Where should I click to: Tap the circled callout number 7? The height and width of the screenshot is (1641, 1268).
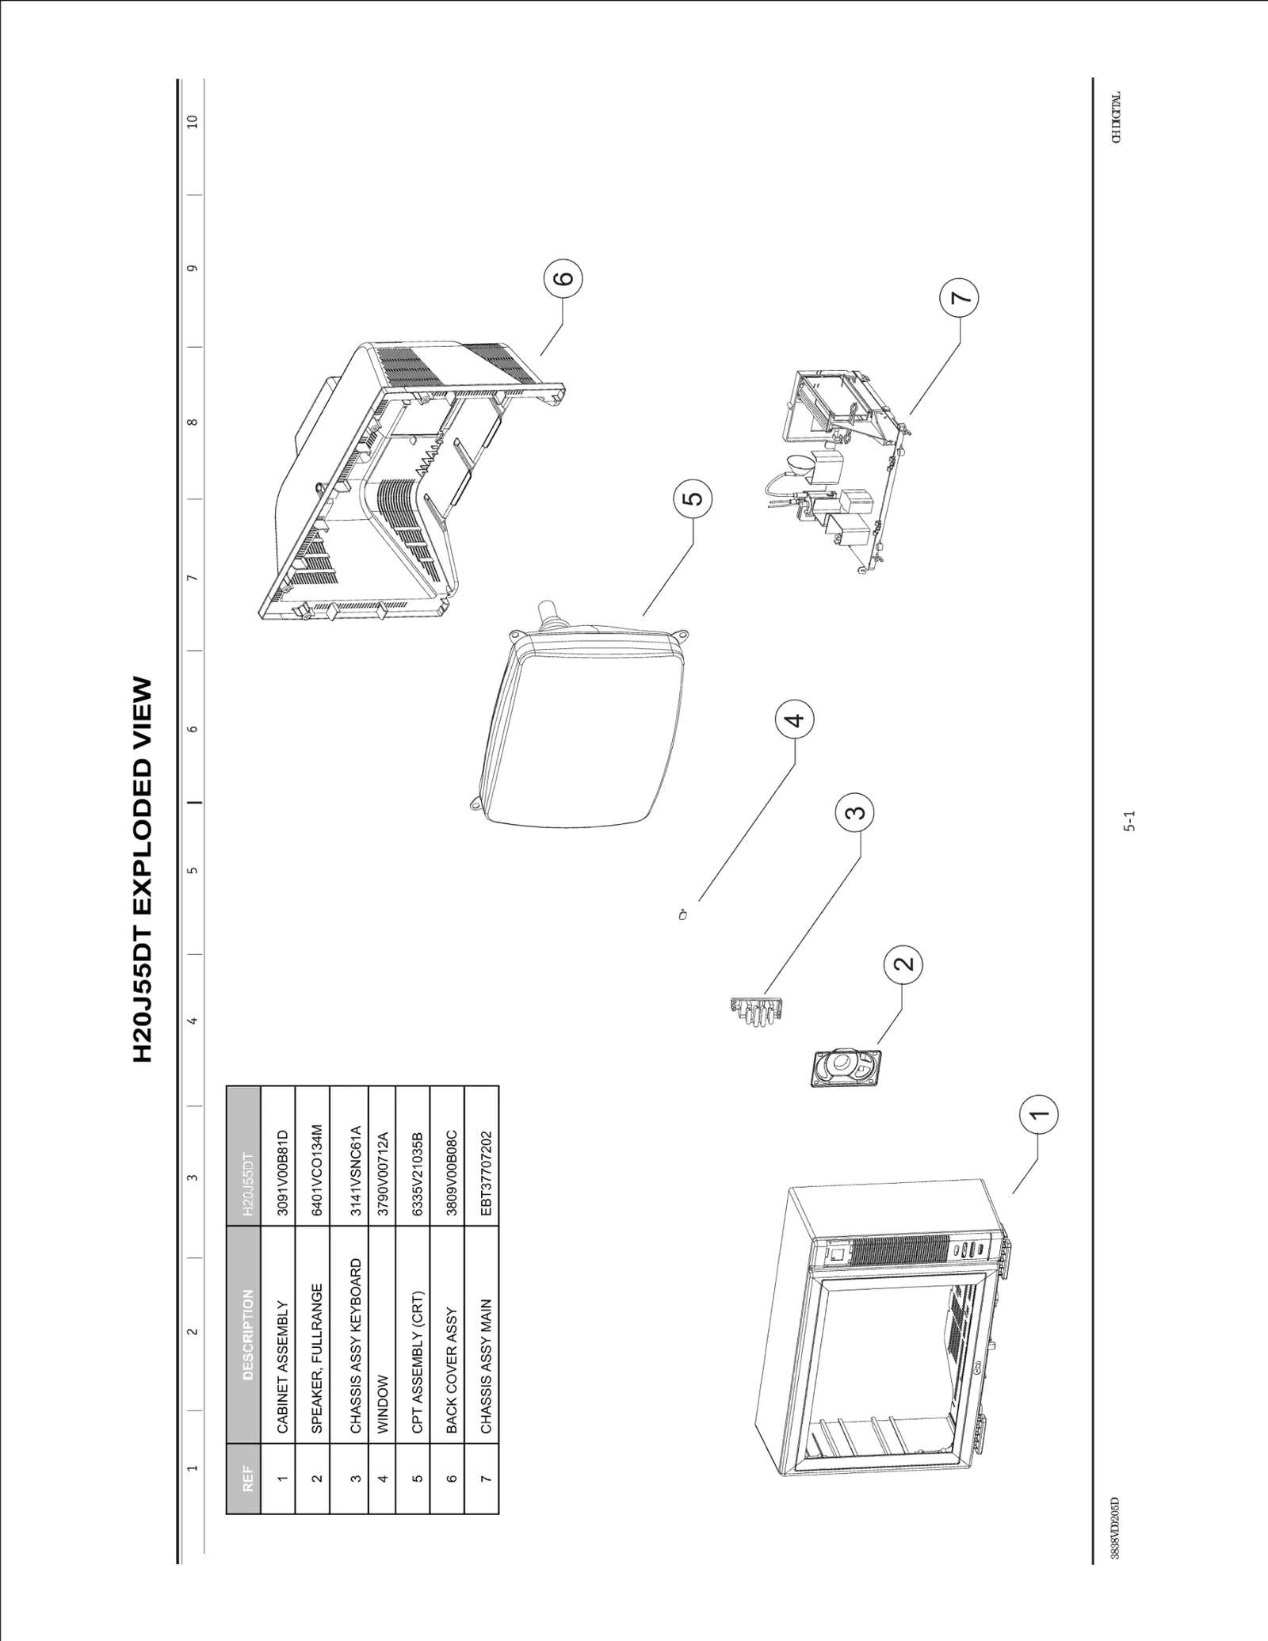pos(959,298)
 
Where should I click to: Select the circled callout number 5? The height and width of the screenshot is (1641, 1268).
pos(692,499)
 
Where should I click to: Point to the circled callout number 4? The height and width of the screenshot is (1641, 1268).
pos(794,719)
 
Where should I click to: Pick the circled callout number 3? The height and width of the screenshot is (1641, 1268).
pos(854,812)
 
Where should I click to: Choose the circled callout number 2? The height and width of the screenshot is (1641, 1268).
pos(903,964)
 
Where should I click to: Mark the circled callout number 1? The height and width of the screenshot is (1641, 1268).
pos(1039,1113)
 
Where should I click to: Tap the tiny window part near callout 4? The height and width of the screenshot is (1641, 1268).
pos(683,915)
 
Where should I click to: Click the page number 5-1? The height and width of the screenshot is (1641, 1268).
pos(1129,820)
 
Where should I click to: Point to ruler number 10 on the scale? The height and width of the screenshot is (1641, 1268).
pos(192,121)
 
